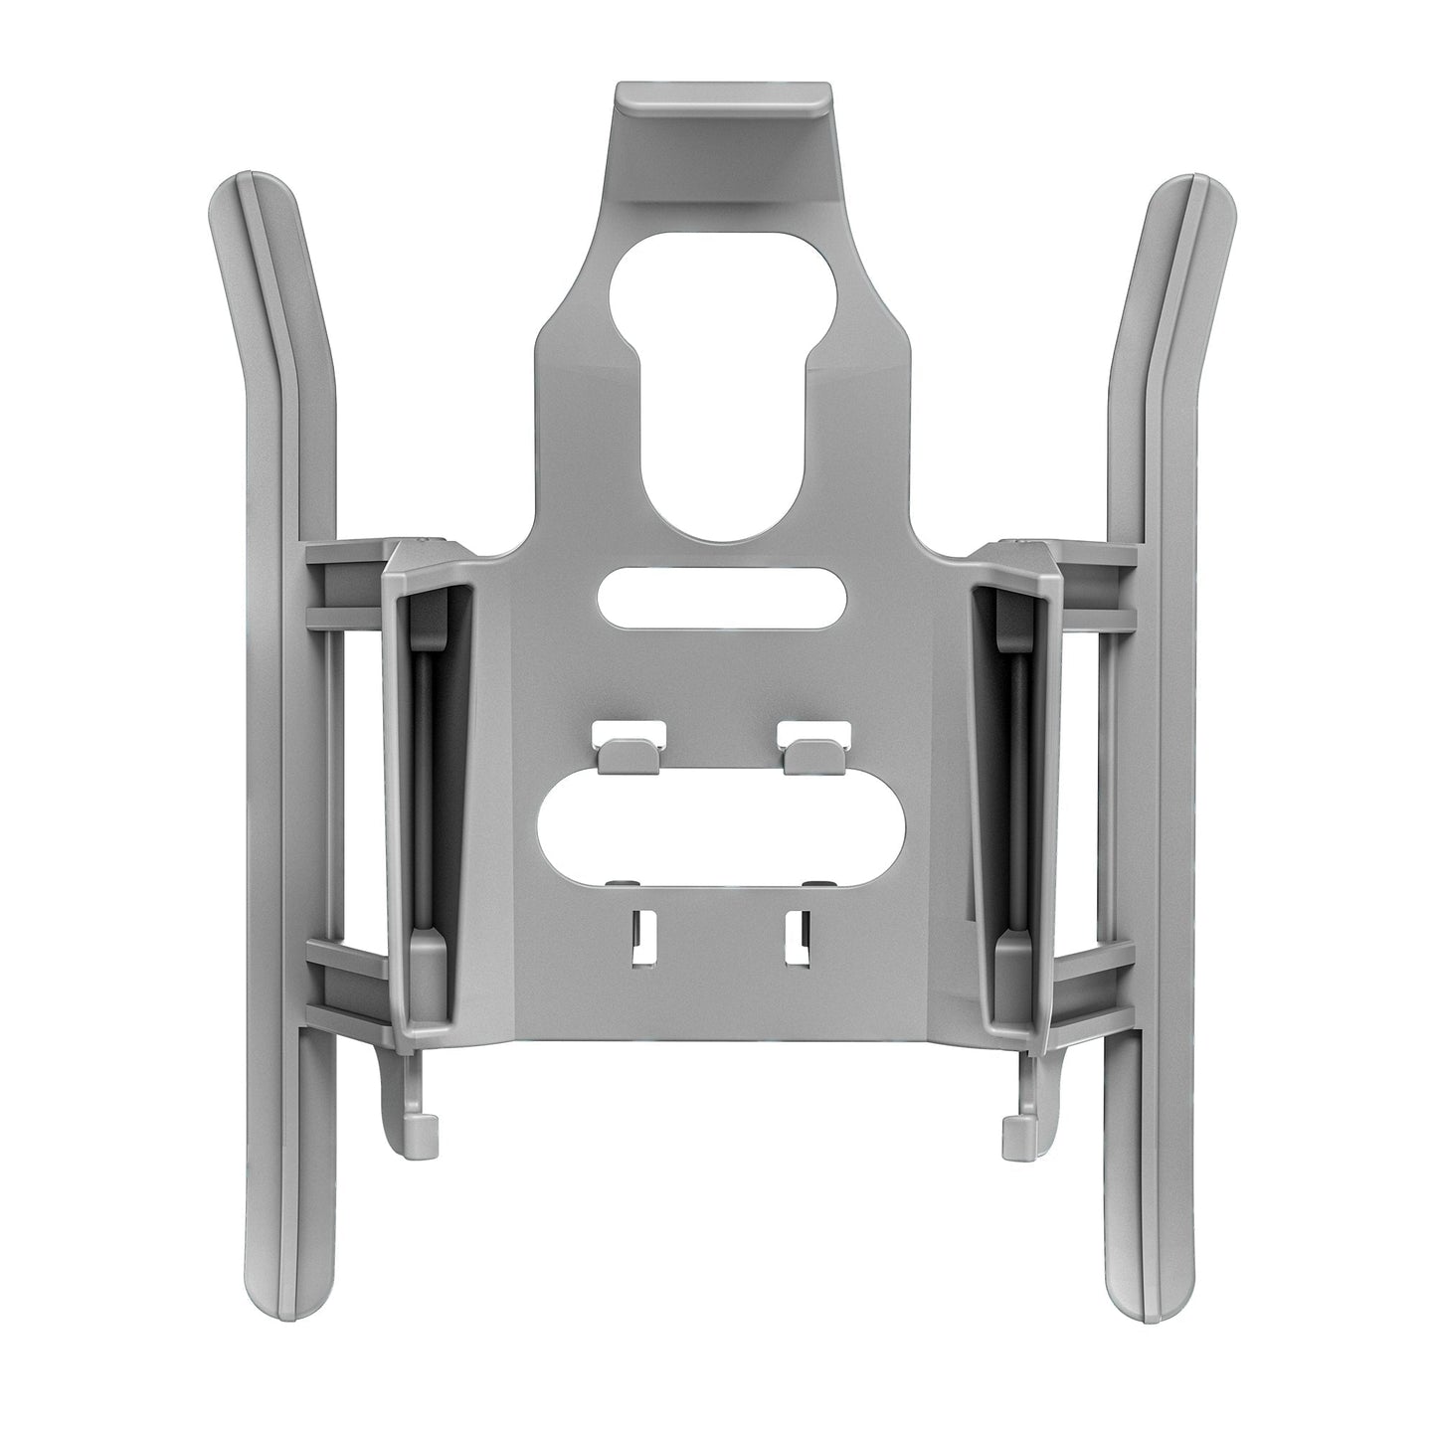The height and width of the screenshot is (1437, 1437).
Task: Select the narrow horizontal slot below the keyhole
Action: click(x=723, y=597)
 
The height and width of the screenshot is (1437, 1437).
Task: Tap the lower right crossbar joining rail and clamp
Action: click(x=1094, y=985)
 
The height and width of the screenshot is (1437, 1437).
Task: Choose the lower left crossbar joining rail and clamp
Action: click(x=348, y=985)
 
